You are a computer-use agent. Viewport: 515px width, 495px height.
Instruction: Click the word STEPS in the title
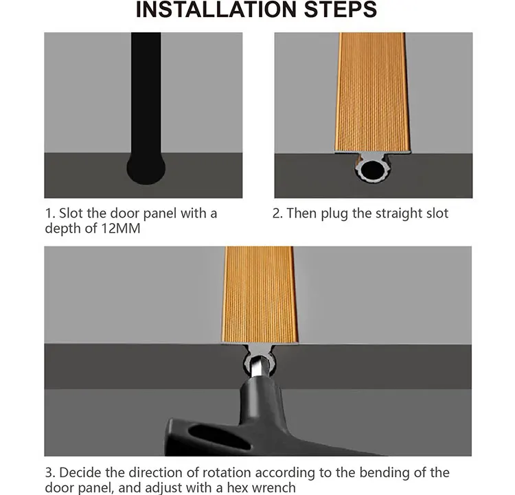(341, 9)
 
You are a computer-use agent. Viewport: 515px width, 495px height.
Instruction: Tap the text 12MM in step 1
(121, 229)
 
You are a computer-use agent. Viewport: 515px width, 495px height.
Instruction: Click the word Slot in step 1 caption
(71, 214)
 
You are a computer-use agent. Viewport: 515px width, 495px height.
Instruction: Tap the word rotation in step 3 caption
(227, 473)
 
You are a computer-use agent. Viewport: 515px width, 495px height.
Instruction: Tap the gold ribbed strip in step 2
(372, 92)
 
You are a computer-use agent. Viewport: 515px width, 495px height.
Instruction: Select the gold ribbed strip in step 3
(260, 294)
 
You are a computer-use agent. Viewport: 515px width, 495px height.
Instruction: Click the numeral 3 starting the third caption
(49, 473)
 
